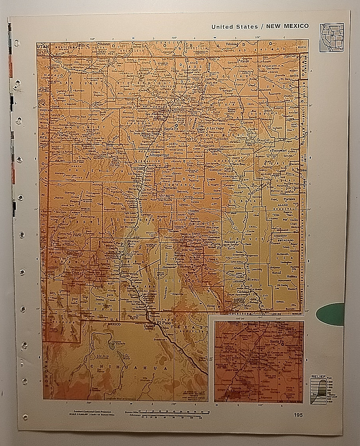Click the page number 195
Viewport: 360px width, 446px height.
[x=298, y=415]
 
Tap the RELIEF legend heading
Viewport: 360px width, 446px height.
[x=318, y=377]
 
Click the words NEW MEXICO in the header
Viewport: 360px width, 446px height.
[x=287, y=26]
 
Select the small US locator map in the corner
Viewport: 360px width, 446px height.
[x=331, y=37]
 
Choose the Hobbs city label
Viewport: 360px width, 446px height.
[x=292, y=276]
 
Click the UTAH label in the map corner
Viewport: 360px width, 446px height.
[x=41, y=46]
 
